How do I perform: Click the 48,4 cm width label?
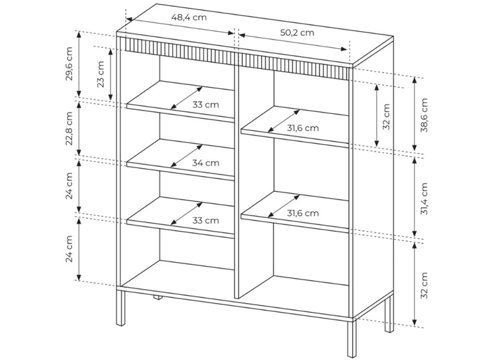point(189,17)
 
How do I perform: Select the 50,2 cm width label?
point(297,33)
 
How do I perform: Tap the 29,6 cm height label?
point(70,63)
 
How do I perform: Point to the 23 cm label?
point(100,74)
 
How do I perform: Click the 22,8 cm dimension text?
point(70,129)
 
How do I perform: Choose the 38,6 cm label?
point(424,115)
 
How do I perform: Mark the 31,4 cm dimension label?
point(424,198)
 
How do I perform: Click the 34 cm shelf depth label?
point(205,162)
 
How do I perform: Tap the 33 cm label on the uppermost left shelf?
point(205,105)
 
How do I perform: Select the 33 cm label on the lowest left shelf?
point(205,221)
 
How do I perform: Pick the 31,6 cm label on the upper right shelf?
point(303,128)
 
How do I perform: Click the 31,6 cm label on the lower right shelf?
point(303,213)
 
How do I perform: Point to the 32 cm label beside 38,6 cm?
point(387,117)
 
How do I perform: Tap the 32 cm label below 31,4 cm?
point(424,285)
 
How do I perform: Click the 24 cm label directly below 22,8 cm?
point(70,186)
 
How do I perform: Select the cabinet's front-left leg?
point(121,308)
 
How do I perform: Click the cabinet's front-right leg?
point(352,339)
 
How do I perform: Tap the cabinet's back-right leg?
point(389,314)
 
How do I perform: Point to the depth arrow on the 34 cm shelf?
point(186,156)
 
